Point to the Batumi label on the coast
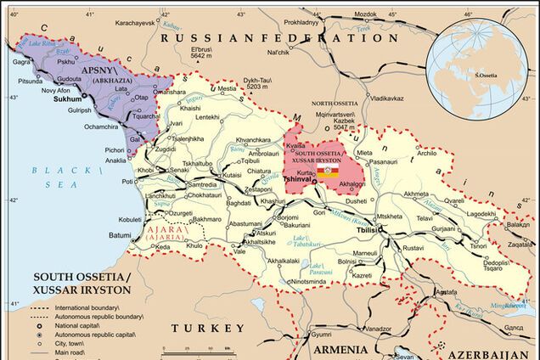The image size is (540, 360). pyautogui.click(x=120, y=235)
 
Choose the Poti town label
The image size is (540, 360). pyautogui.click(x=127, y=181)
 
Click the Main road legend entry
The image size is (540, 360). pyautogui.click(x=71, y=353)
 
